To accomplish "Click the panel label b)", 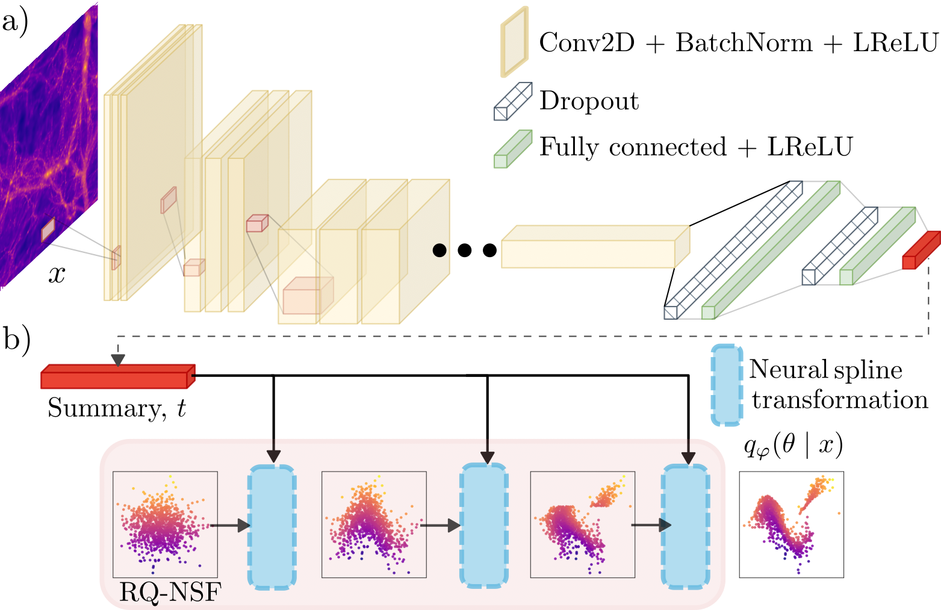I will click(x=16, y=340).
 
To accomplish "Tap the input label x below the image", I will click(x=57, y=275).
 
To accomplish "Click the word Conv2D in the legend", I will click(x=586, y=43).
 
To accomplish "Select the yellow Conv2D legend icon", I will click(x=514, y=42).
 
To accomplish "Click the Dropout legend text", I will click(x=588, y=101).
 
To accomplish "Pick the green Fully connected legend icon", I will click(x=512, y=149).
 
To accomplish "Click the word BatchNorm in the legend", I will click(x=744, y=43).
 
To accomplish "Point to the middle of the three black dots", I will click(x=464, y=249).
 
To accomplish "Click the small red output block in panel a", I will click(x=920, y=251).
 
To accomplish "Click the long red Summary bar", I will click(x=117, y=378).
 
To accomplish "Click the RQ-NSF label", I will click(x=170, y=593).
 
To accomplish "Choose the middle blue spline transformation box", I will click(x=483, y=525).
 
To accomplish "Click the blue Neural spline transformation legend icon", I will click(x=727, y=385).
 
